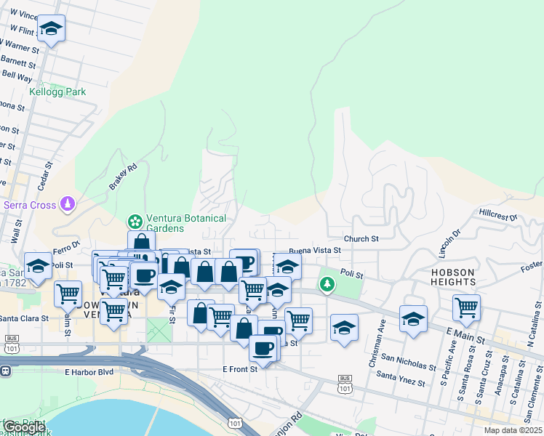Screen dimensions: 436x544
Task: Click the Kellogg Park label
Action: click(57, 92)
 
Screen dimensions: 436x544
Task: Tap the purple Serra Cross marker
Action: click(68, 203)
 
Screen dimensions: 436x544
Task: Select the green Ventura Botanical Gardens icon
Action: click(134, 220)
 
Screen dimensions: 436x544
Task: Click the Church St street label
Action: click(361, 238)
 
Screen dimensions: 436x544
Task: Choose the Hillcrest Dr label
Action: click(497, 216)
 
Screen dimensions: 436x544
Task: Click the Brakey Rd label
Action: click(123, 177)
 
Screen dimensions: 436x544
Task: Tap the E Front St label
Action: click(240, 369)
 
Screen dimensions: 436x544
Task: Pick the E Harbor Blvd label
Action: click(89, 372)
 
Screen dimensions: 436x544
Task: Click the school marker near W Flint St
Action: click(51, 28)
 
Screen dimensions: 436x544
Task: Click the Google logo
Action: click(24, 427)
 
